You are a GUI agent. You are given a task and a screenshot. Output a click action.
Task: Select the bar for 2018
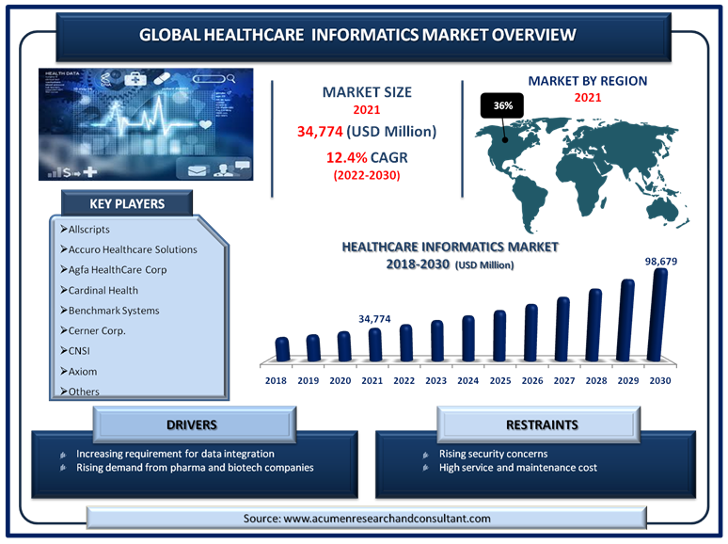pyautogui.click(x=282, y=349)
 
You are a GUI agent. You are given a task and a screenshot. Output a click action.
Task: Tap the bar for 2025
pyautogui.click(x=499, y=335)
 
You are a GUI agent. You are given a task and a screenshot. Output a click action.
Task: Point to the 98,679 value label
pyautogui.click(x=660, y=261)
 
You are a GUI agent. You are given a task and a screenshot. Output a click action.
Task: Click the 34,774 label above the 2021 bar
pyautogui.click(x=374, y=319)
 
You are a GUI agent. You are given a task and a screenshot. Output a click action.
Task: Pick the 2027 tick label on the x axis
pyautogui.click(x=564, y=380)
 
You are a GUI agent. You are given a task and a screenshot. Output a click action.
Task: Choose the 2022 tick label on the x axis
pyautogui.click(x=404, y=380)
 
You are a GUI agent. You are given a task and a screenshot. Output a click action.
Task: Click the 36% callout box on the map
pyautogui.click(x=502, y=105)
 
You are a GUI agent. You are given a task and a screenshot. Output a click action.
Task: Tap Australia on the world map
pyautogui.click(x=666, y=212)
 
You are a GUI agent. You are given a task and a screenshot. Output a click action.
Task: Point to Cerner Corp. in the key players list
pyautogui.click(x=97, y=330)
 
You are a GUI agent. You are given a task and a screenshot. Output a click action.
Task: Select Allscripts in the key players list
pyautogui.click(x=88, y=229)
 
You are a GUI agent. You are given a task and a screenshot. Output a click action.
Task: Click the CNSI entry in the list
pyautogui.click(x=79, y=351)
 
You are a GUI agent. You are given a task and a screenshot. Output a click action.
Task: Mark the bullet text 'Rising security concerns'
pyautogui.click(x=493, y=454)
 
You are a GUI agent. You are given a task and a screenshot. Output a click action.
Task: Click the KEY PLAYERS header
pyautogui.click(x=127, y=203)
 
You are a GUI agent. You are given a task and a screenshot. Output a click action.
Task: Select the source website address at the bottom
pyautogui.click(x=387, y=519)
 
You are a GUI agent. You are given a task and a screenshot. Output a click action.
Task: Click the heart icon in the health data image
pyautogui.click(x=205, y=124)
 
